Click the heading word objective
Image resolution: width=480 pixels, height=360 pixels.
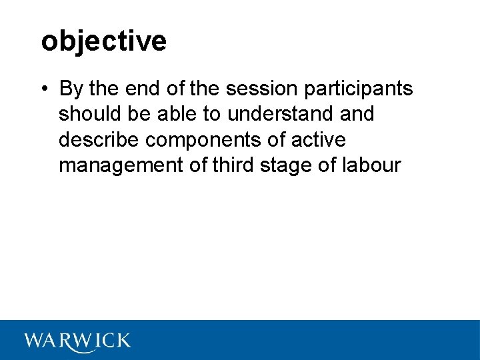103,41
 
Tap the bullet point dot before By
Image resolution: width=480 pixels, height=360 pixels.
43,89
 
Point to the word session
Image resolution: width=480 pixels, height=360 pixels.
257,89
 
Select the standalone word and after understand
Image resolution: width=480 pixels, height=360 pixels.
357,114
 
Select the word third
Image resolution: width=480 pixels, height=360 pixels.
229,165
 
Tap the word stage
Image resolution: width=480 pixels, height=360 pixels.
281,165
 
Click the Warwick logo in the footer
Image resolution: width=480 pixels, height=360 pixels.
77,341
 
